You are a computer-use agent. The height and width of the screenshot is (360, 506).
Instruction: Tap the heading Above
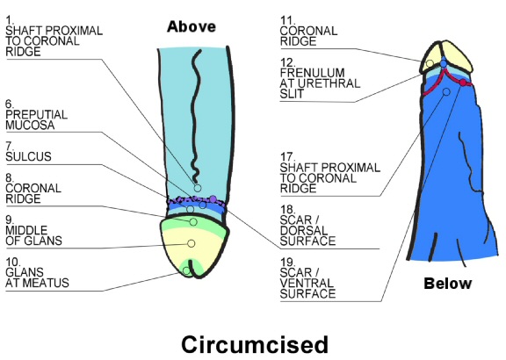pyautogui.click(x=192, y=26)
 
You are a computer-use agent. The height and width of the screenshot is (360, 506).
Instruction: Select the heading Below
pyautogui.click(x=447, y=284)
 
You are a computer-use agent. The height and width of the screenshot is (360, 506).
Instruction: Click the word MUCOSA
pyautogui.click(x=29, y=126)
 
